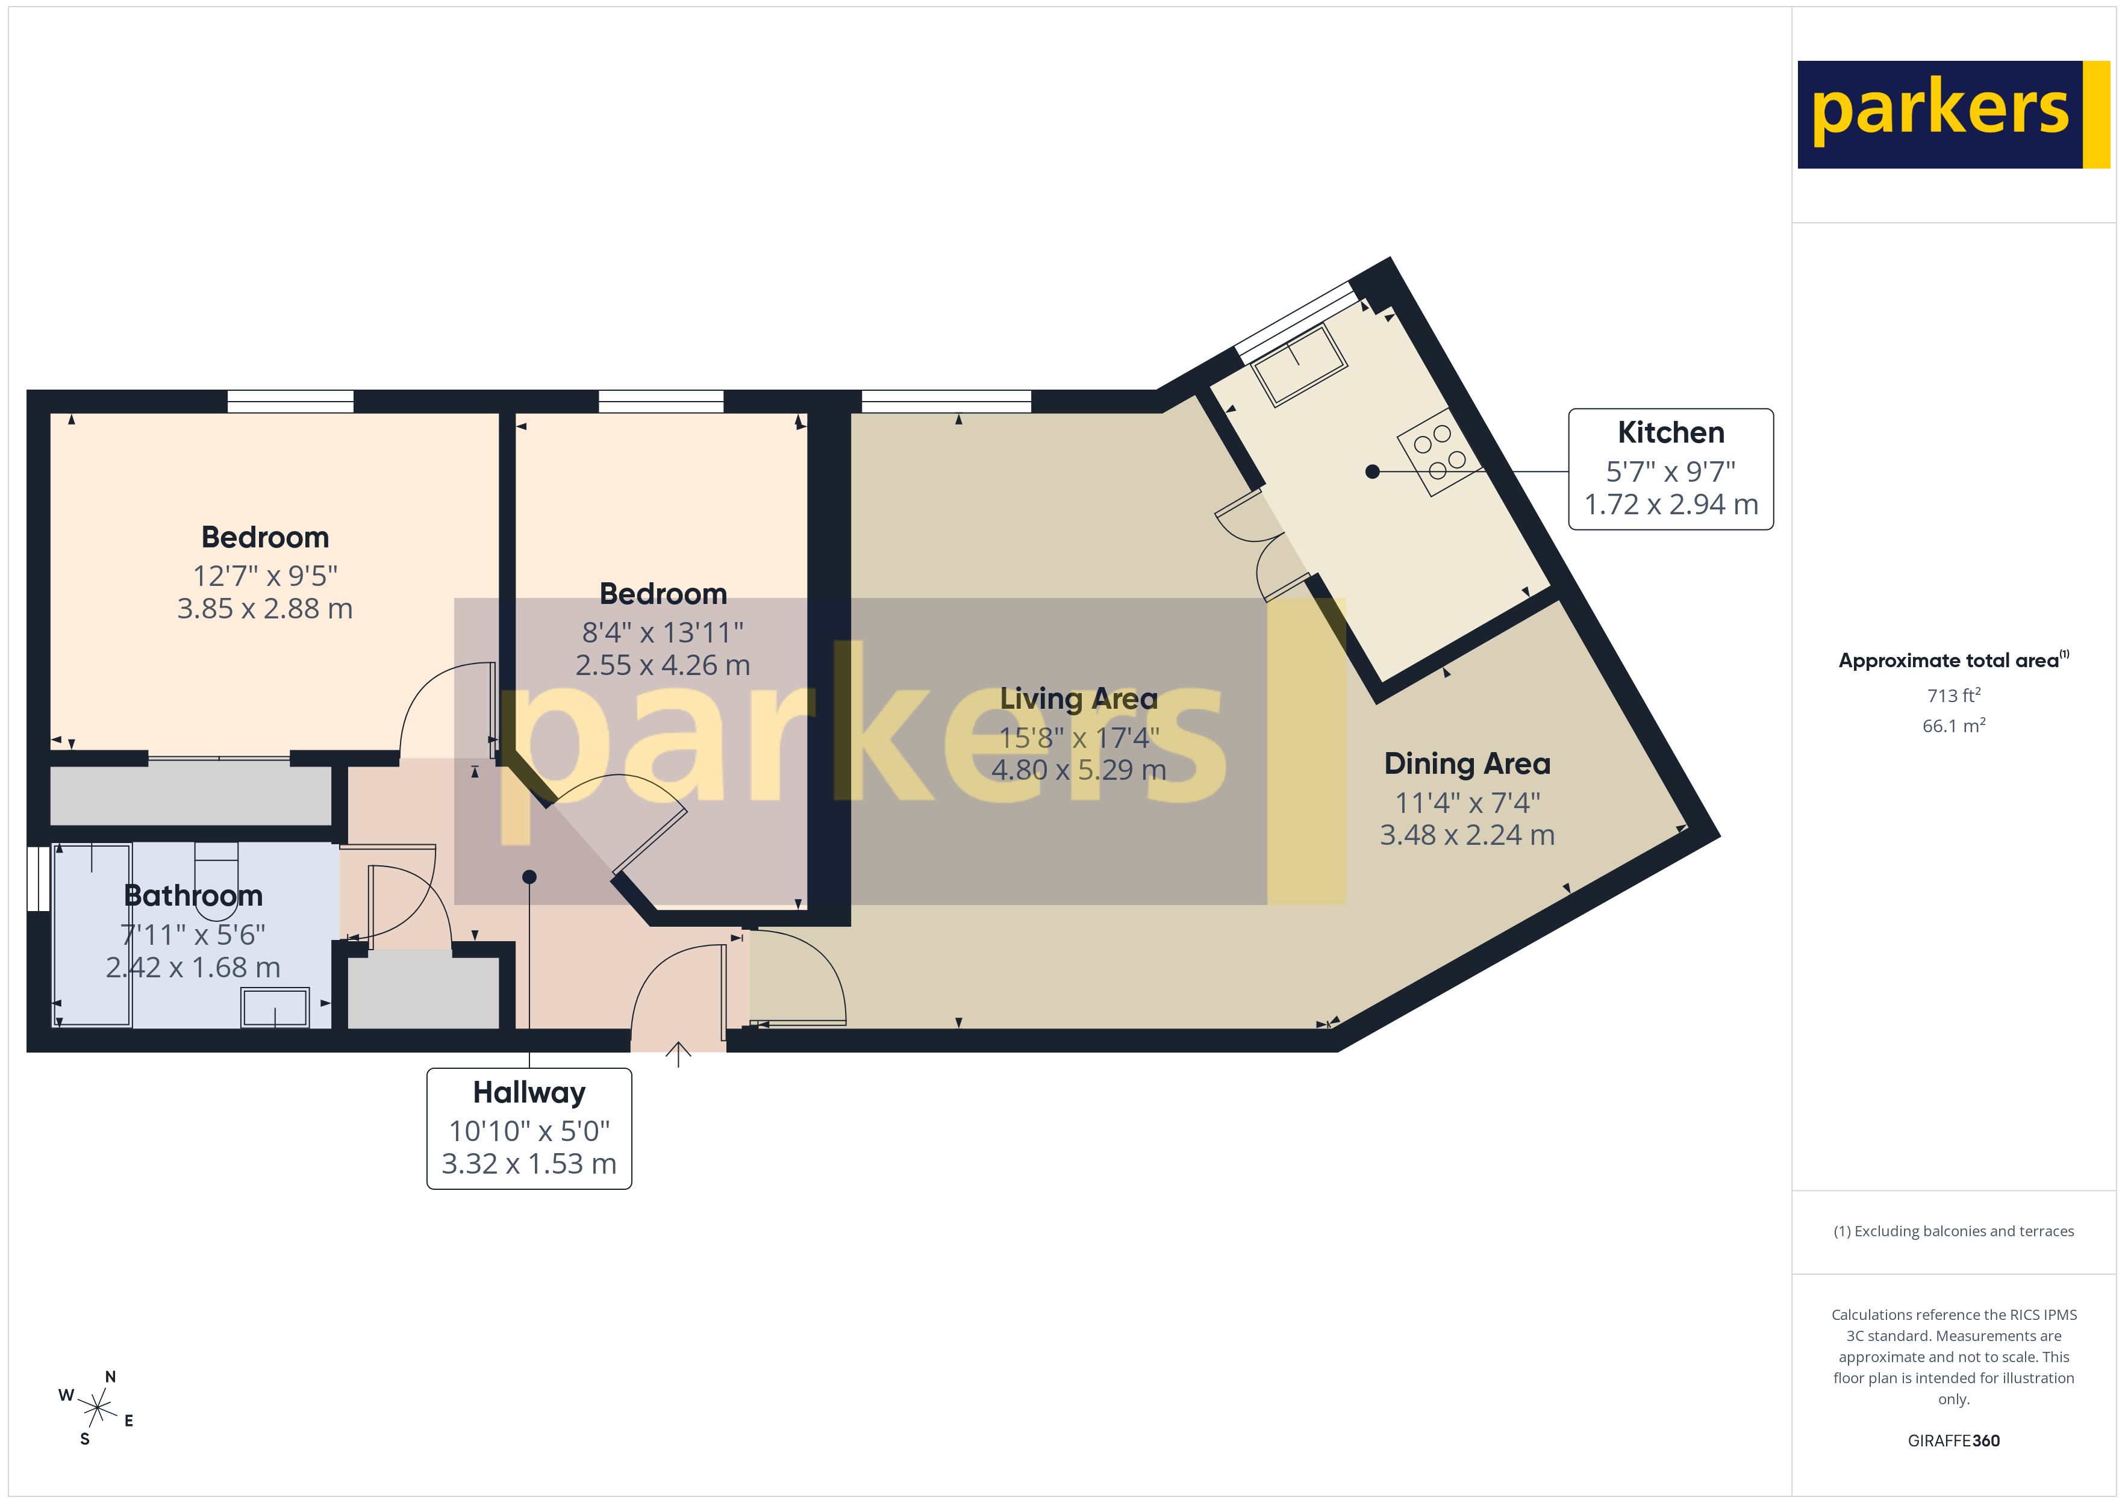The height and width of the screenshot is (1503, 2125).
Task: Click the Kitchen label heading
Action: click(1671, 433)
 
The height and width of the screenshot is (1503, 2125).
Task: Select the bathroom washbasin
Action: click(275, 1007)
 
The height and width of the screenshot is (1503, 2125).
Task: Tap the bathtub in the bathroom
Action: click(93, 935)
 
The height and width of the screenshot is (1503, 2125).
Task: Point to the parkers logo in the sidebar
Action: click(1953, 114)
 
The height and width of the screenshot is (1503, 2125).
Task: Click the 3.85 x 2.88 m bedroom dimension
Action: click(264, 609)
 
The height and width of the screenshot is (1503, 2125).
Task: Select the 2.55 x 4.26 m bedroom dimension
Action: click(663, 665)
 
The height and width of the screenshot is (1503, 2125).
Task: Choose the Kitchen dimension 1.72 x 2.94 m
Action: click(1671, 505)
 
